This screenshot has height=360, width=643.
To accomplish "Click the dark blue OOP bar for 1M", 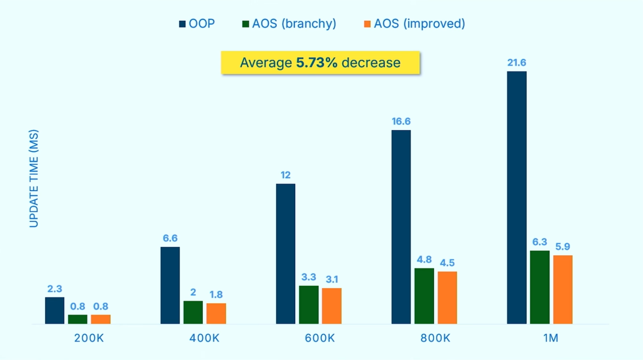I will (x=516, y=197).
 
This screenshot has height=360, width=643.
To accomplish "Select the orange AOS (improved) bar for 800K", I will (x=447, y=297).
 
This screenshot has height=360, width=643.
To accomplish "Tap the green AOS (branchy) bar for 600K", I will (x=308, y=305).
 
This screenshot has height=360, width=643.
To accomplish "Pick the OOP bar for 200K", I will (x=55, y=310).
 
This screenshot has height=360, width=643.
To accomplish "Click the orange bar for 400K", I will (x=216, y=313).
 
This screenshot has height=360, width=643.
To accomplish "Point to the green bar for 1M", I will (x=539, y=287).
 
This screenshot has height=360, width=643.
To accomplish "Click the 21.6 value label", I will (x=516, y=63).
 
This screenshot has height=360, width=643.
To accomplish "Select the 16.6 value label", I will (x=401, y=122).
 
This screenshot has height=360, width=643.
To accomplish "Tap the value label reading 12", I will (x=285, y=175).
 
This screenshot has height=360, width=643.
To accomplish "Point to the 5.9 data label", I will (x=563, y=246).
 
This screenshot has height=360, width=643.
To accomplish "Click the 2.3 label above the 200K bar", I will (x=55, y=289).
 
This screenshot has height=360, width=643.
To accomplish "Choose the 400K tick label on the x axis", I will (x=204, y=338).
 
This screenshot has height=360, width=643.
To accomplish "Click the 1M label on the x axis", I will (x=551, y=338).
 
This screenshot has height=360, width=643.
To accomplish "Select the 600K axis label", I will (x=320, y=338).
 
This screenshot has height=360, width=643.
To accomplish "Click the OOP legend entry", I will (x=201, y=24).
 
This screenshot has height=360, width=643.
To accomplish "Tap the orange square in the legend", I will (x=367, y=24).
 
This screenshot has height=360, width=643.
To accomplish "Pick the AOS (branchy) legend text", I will (x=294, y=24).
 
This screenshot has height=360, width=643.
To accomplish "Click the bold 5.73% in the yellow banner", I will (x=316, y=63).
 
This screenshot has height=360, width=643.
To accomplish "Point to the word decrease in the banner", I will (x=371, y=63).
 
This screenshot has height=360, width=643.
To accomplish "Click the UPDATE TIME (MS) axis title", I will (x=34, y=178).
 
